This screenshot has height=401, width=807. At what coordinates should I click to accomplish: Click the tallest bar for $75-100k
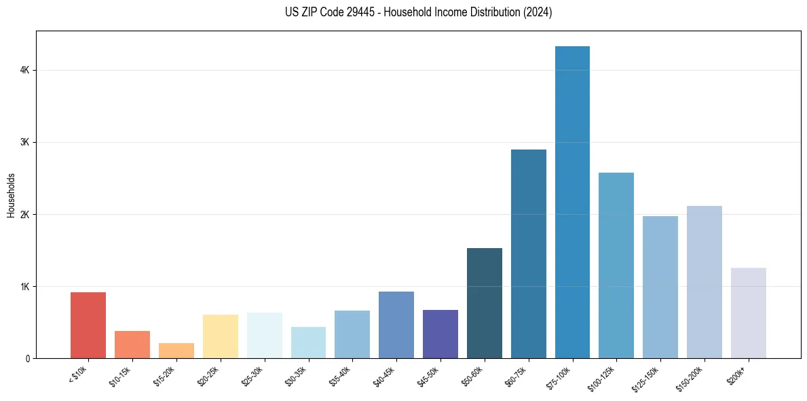pos(572,204)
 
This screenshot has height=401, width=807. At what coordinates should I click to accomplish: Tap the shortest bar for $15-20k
pos(176,351)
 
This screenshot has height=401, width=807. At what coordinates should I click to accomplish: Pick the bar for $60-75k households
pos(528,255)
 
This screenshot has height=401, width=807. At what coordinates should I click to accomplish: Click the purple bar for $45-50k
pos(440,334)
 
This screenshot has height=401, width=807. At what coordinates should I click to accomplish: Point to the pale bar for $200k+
pos(748,313)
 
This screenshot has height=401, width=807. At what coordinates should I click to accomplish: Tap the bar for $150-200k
pos(704,283)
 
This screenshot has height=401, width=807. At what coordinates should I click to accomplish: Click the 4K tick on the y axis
pos(24,70)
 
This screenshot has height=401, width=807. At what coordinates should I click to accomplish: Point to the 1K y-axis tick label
pos(24,286)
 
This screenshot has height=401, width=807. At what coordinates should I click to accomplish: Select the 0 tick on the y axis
pos(27,358)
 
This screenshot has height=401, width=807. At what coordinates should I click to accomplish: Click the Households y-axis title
pos(11,195)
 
